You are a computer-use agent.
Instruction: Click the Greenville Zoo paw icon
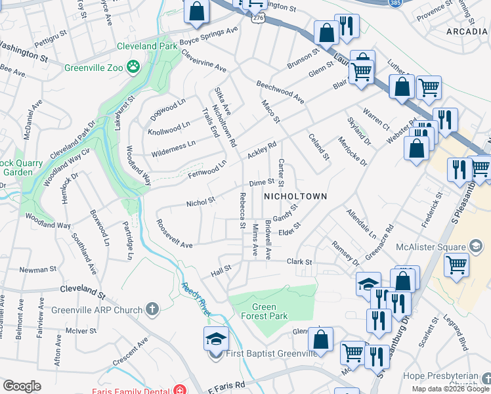click(x=135, y=66)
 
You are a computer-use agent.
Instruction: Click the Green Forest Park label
click(x=270, y=311)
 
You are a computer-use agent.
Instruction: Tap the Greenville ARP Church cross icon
click(x=152, y=309)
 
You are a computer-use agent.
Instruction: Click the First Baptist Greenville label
click(x=271, y=354)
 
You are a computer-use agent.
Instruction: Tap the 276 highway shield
click(x=257, y=18)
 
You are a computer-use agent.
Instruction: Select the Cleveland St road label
click(x=82, y=290)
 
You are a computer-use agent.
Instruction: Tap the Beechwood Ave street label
click(x=280, y=93)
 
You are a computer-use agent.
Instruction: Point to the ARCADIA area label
click(x=468, y=30)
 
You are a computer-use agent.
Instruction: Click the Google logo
click(x=22, y=386)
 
